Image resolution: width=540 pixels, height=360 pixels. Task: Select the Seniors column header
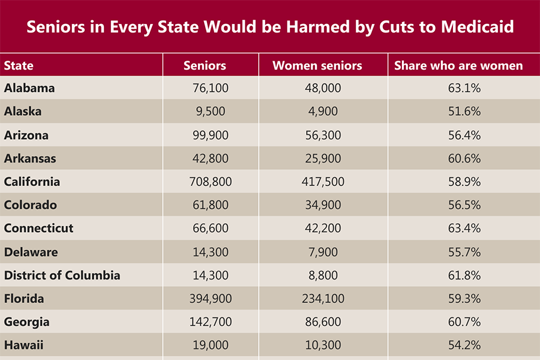(x=205, y=65)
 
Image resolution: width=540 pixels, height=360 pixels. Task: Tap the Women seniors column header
(x=317, y=65)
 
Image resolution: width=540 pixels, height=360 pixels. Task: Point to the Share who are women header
(x=458, y=65)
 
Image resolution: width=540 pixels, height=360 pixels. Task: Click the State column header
(x=19, y=65)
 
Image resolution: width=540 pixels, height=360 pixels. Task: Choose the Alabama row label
(x=29, y=88)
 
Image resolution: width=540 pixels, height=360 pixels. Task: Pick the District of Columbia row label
(x=62, y=275)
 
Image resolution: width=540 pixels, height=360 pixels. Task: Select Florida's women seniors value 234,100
(x=319, y=299)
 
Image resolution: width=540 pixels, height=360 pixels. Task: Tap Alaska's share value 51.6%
(x=464, y=112)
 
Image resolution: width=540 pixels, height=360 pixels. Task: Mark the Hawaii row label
(x=24, y=345)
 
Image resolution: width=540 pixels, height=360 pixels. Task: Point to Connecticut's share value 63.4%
(x=464, y=229)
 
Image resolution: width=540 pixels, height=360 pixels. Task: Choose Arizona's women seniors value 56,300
(x=319, y=135)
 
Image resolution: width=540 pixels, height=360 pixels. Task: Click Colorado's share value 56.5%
(x=464, y=205)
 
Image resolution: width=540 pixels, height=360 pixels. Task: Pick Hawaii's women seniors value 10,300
(x=319, y=345)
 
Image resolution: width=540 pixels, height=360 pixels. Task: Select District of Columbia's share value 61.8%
(x=464, y=275)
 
